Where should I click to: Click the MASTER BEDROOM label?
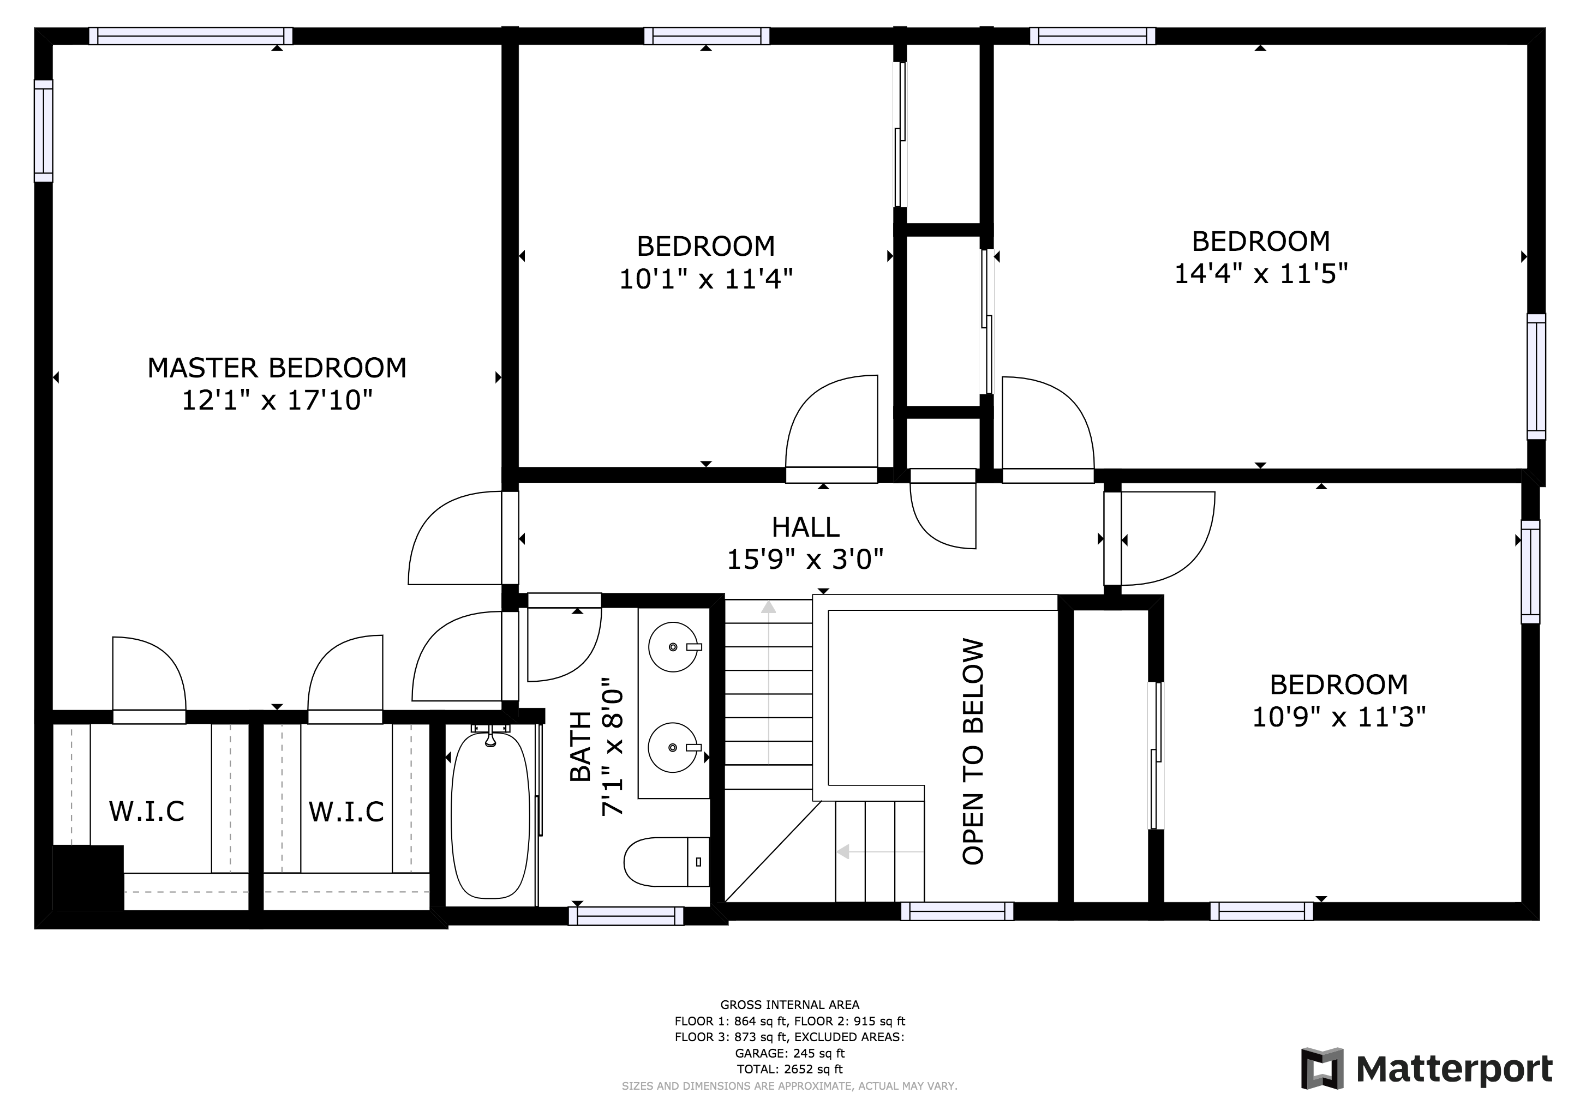pos(277,368)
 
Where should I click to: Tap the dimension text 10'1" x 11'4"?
pos(706,279)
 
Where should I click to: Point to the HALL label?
pos(805,527)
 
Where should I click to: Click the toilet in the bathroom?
pos(666,861)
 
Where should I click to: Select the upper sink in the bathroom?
pos(674,646)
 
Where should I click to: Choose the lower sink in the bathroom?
pos(674,747)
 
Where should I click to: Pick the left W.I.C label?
pos(147,812)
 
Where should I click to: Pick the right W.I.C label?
pos(346,812)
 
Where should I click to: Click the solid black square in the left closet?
pos(88,878)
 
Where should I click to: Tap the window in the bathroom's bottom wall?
pos(626,916)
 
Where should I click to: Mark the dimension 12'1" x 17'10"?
pos(277,400)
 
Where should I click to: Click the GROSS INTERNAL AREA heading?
pos(789,1005)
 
